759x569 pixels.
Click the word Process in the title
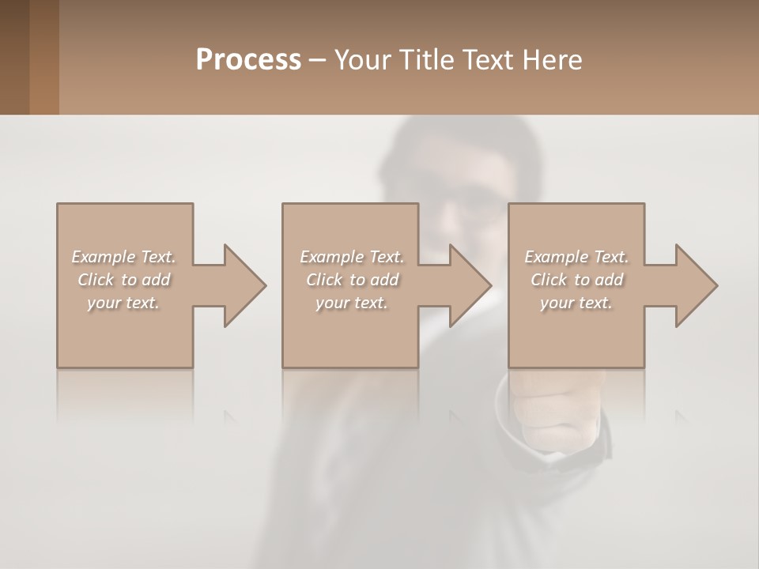click(248, 60)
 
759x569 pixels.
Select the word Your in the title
click(363, 60)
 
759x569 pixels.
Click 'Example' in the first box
click(104, 257)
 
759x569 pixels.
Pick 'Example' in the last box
click(557, 257)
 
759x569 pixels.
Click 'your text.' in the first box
click(123, 303)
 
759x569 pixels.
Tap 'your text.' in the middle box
click(351, 303)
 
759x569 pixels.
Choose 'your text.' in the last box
click(576, 303)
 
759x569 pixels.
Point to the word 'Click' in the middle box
click(324, 280)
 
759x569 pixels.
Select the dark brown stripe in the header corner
click(14, 57)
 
